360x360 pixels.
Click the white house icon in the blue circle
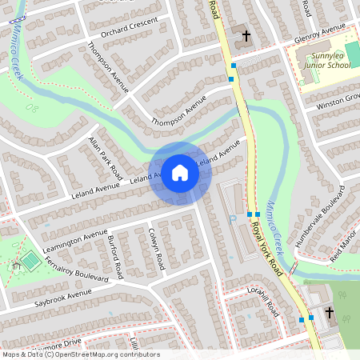(180, 172)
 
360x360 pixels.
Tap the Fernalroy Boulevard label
(77, 274)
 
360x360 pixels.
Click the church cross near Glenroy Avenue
(246, 36)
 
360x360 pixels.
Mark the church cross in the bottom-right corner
(330, 313)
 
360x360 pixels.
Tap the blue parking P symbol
(233, 218)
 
